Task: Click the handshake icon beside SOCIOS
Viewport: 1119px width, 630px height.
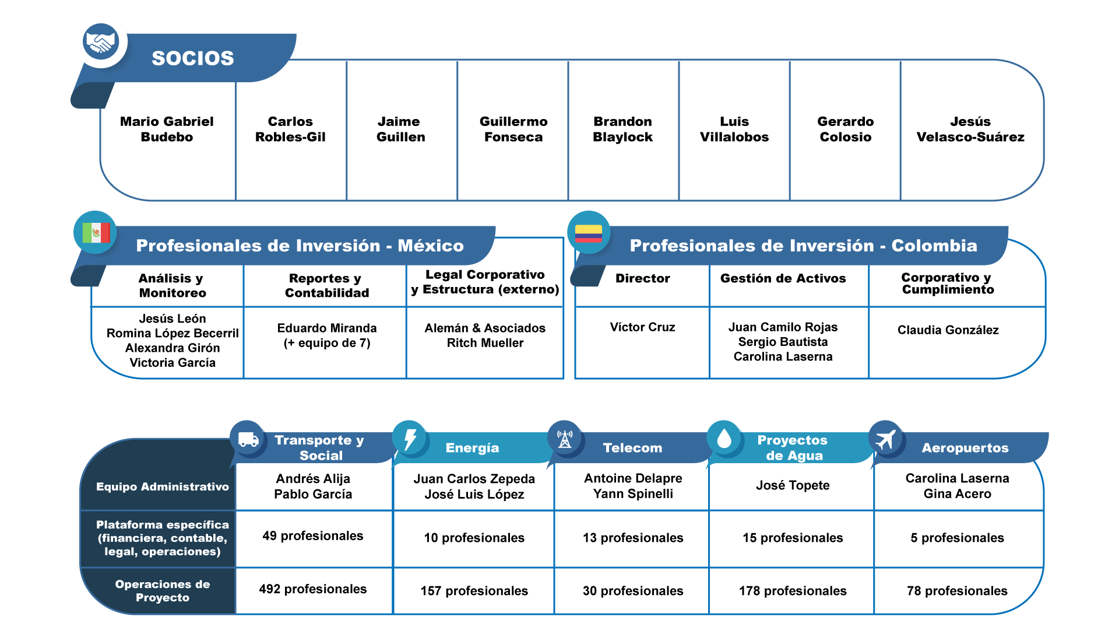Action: point(100,43)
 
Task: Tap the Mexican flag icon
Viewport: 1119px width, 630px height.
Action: point(96,232)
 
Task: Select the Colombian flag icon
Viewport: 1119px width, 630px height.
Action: point(589,233)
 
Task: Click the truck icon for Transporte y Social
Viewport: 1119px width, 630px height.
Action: point(248,439)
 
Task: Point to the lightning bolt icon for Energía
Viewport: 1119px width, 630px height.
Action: point(410,439)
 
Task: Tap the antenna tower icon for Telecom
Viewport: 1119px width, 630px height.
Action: point(565,439)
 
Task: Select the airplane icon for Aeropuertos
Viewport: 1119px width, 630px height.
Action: point(885,439)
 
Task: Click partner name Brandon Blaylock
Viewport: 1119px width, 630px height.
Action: point(622,129)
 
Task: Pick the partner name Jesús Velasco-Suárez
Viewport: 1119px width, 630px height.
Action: point(970,129)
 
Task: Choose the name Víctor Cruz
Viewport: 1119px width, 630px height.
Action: point(642,327)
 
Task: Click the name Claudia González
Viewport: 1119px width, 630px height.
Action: point(948,330)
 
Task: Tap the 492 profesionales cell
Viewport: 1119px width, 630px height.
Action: point(313,589)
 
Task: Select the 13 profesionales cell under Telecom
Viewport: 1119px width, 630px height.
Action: point(633,538)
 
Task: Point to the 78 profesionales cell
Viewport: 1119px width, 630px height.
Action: point(957,591)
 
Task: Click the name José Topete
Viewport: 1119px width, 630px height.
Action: point(793,485)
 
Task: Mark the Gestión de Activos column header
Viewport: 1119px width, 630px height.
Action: point(783,278)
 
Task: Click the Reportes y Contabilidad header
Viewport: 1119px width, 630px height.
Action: point(326,285)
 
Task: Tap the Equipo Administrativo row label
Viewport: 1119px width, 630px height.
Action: point(163,487)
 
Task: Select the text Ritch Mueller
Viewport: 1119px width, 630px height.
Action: point(485,343)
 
